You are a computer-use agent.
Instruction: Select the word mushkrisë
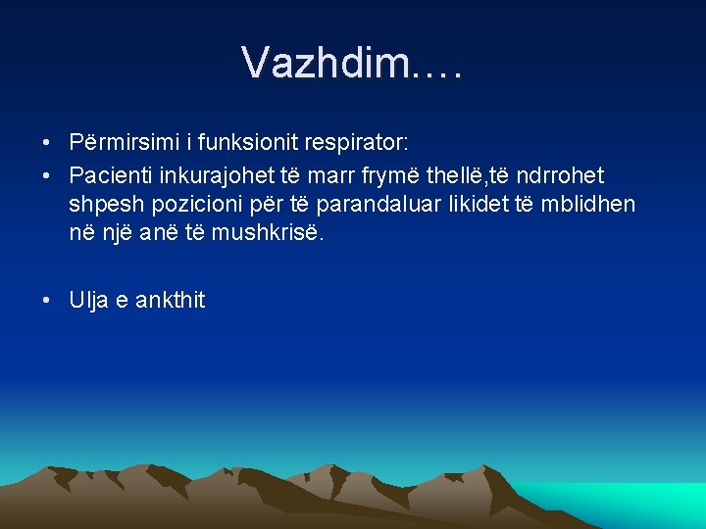(x=293, y=234)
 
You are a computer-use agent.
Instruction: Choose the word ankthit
(x=171, y=301)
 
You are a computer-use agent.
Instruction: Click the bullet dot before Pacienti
(x=48, y=176)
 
